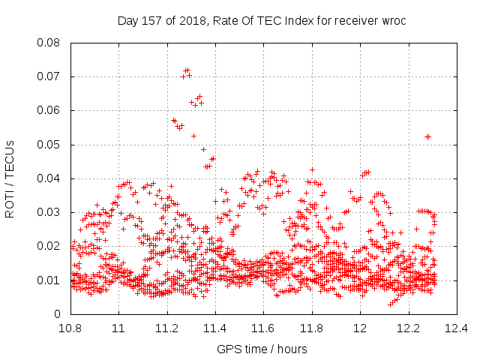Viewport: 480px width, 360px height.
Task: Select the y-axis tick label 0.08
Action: click(x=48, y=43)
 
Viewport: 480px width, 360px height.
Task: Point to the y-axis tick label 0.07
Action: click(x=48, y=76)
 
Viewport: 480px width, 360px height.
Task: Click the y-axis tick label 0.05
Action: click(x=48, y=145)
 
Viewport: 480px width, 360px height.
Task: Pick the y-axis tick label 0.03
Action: click(x=48, y=212)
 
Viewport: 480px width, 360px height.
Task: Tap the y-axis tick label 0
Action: click(x=57, y=314)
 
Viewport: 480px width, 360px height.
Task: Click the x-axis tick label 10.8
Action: click(x=70, y=328)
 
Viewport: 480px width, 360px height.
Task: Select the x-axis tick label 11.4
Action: click(x=215, y=328)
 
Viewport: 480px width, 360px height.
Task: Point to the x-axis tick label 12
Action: click(x=360, y=328)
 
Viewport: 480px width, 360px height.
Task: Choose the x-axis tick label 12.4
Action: click(x=457, y=328)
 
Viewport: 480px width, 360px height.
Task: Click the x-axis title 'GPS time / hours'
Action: click(x=262, y=349)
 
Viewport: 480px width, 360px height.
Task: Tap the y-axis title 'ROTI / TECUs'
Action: click(x=10, y=179)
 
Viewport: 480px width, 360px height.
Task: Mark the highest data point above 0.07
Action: click(x=187, y=70)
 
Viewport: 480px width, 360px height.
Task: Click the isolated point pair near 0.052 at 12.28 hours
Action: click(x=428, y=136)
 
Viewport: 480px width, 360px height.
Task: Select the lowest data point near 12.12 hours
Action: click(x=390, y=305)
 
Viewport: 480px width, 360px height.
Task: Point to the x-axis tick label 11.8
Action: click(x=312, y=328)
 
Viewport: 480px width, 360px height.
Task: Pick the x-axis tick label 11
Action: click(x=118, y=328)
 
